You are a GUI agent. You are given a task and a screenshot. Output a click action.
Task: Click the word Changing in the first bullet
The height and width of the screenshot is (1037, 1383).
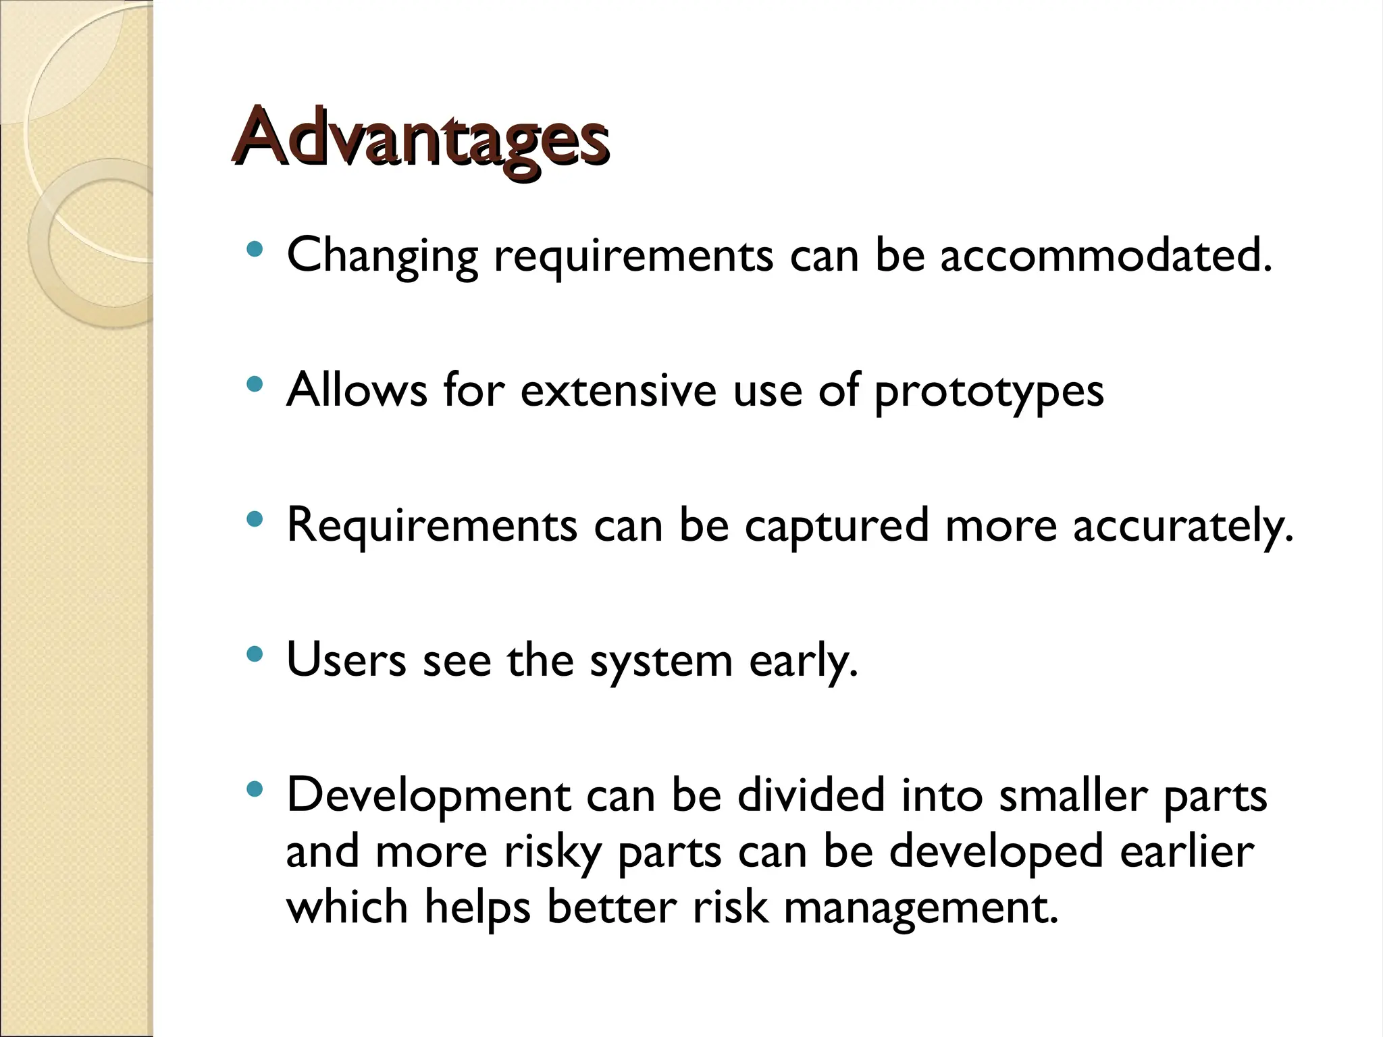[382, 257]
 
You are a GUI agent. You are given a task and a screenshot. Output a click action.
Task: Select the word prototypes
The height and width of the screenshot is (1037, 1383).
[989, 392]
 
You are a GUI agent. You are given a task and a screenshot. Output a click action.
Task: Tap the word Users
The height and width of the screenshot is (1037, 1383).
[346, 660]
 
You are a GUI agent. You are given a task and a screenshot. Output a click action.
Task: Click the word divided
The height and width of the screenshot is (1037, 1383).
[810, 795]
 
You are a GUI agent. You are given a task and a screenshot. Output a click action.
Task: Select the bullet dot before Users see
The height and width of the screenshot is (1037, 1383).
[255, 654]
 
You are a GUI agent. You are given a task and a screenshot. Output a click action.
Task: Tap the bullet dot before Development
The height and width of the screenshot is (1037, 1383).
[255, 789]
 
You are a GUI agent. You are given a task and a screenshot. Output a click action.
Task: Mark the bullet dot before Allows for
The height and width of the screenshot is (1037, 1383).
[255, 385]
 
